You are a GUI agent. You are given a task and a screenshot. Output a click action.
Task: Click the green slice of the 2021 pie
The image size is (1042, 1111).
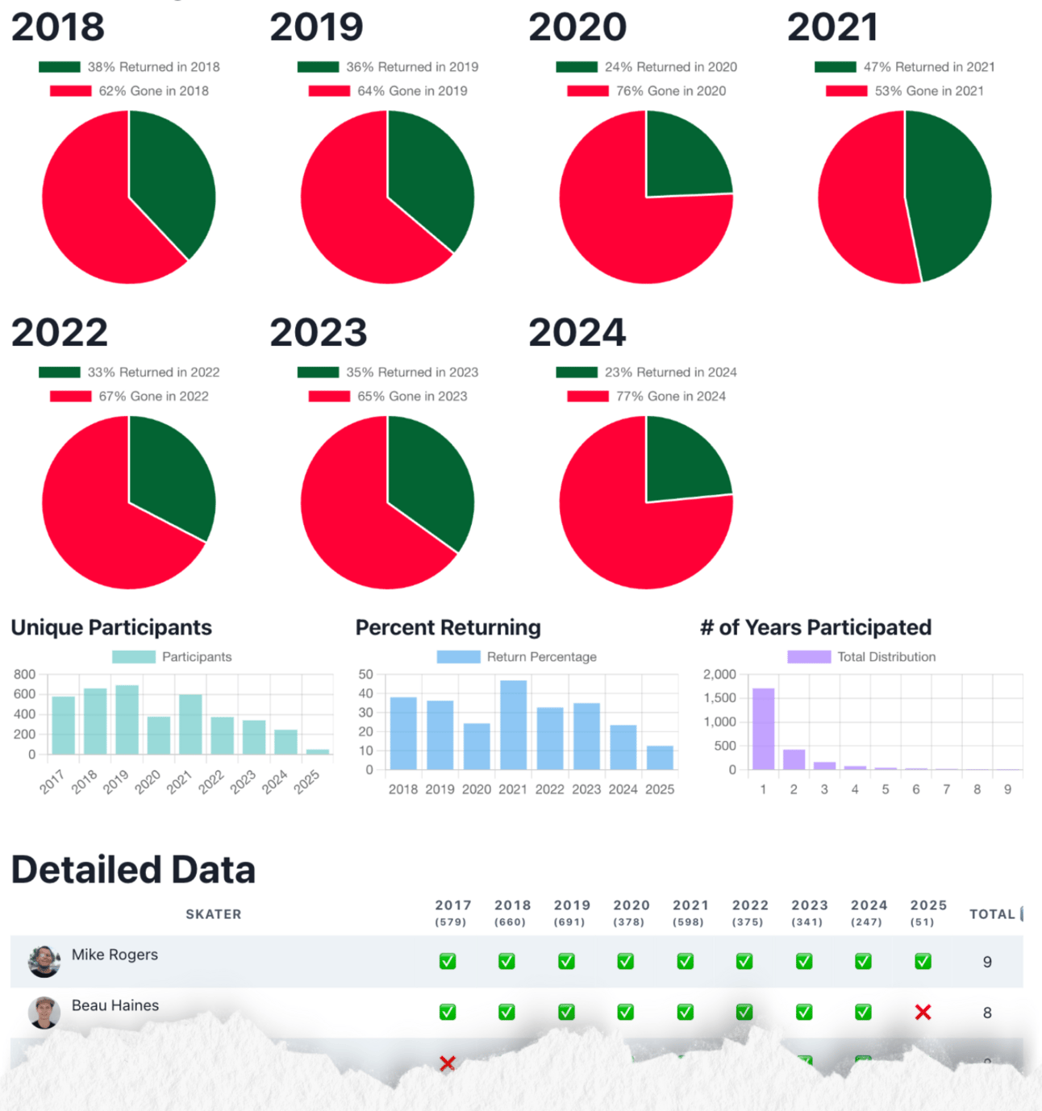pos(952,193)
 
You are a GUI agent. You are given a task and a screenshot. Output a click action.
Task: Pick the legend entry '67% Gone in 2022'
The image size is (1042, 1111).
pos(129,396)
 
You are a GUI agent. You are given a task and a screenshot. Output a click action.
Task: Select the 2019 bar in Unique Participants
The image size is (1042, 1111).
pos(127,720)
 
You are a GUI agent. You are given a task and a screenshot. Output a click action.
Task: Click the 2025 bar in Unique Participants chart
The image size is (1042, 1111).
pos(318,751)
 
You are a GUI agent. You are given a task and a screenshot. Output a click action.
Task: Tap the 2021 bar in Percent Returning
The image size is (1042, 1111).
pos(513,725)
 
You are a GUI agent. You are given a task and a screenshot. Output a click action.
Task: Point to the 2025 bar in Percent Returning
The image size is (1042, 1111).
pos(660,758)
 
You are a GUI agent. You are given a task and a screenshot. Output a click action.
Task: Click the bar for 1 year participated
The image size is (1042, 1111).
pos(763,729)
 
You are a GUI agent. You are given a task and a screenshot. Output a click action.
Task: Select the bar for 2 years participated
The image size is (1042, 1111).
pos(794,759)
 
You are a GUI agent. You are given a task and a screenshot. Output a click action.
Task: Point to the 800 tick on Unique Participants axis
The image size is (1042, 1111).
pos(25,674)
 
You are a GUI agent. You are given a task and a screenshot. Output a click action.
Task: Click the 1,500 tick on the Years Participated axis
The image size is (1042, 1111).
pos(719,698)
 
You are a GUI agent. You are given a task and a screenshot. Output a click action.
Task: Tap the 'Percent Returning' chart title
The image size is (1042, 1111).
pos(448,627)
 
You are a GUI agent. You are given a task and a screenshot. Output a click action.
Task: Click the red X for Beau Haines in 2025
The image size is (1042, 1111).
pos(923,1013)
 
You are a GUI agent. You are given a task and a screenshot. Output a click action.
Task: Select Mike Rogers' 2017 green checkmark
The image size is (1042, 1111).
pos(448,961)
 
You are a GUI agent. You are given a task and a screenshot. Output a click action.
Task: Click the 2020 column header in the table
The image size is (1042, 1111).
pos(631,912)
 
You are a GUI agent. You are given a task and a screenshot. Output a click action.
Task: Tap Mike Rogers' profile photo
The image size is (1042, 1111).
pos(44,961)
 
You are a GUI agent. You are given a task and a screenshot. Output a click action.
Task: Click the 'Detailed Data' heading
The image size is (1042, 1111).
pos(133,870)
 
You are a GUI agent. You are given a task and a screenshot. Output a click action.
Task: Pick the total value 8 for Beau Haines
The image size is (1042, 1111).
pos(987,1013)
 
